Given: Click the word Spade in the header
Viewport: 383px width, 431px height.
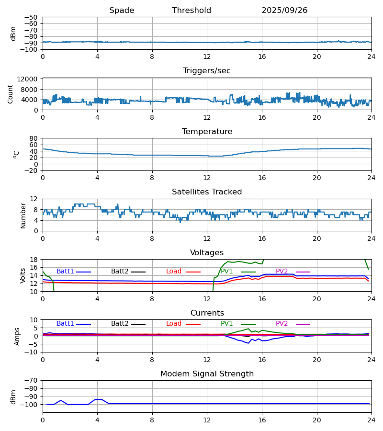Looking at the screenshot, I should coord(122,11).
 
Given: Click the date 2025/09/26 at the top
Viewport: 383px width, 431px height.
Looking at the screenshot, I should coord(284,11).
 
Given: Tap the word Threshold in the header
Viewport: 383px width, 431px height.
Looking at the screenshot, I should coord(191,11).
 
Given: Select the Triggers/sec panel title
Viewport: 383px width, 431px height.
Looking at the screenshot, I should coord(207,71).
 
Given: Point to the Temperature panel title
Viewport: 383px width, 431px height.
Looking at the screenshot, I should coord(207,132).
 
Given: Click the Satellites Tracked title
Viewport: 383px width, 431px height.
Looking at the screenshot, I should coord(207,192).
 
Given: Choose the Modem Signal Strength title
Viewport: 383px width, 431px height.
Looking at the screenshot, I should coord(207,374).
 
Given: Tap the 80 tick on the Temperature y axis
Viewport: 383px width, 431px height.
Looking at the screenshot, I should coord(34,138).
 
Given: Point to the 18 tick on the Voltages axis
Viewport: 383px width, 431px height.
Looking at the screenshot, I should coord(34,260).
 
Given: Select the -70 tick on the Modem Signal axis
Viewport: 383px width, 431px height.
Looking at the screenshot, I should coord(32,381).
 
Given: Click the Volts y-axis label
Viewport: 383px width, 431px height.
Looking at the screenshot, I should coord(23,275).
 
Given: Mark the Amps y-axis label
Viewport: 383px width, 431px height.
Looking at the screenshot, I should coord(18,336).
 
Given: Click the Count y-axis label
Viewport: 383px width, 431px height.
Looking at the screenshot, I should coord(11,94).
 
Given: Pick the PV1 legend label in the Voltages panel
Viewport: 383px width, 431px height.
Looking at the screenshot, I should coord(226,272).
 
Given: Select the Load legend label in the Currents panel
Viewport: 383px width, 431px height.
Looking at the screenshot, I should coord(174,324).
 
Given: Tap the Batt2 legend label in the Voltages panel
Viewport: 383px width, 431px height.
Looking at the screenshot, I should coord(120,272).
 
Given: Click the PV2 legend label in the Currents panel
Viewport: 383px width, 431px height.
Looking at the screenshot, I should coord(282,324).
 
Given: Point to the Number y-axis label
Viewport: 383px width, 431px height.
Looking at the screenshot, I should coord(23,215).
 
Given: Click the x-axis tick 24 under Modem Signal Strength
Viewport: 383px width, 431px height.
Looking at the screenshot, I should coord(372,420).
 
